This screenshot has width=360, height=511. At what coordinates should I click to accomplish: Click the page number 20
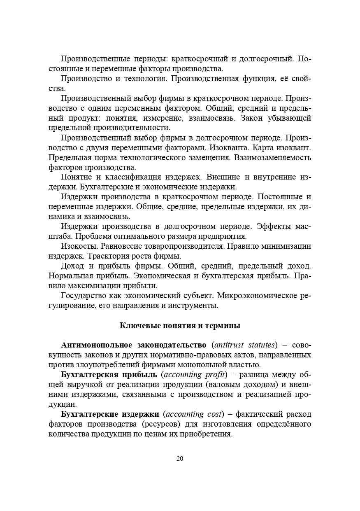click(x=180, y=459)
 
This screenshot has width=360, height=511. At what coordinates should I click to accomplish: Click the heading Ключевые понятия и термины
click(x=180, y=326)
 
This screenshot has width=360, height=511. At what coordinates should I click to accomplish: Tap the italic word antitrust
click(x=228, y=345)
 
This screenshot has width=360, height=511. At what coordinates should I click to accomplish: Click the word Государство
click(x=83, y=296)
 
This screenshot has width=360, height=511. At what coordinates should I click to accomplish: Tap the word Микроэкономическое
click(x=255, y=296)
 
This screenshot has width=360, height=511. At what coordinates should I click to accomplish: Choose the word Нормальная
click(x=67, y=276)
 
